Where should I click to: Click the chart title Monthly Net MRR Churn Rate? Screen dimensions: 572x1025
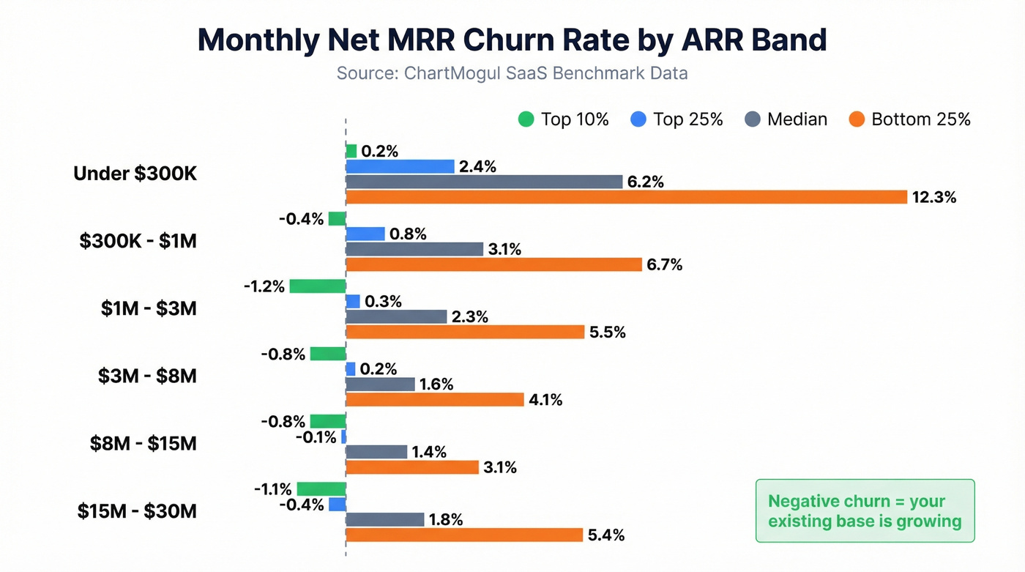pyautogui.click(x=512, y=40)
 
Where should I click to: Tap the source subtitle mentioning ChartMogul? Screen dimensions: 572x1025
pyautogui.click(x=512, y=74)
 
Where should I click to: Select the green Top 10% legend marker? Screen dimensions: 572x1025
pyautogui.click(x=526, y=119)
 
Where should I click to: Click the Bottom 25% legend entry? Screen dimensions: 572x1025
pyautogui.click(x=910, y=119)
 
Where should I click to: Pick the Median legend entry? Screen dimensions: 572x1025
pyautogui.click(x=786, y=119)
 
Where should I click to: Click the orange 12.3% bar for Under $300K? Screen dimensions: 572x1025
pyautogui.click(x=626, y=197)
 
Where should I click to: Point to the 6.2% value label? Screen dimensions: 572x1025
pyautogui.click(x=646, y=182)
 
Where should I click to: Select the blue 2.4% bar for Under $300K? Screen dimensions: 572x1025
pyautogui.click(x=400, y=166)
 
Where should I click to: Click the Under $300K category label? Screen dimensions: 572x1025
pyautogui.click(x=135, y=174)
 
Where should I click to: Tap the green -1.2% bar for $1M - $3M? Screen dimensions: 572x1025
pyautogui.click(x=317, y=286)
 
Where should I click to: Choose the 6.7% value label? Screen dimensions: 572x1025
pyautogui.click(x=664, y=264)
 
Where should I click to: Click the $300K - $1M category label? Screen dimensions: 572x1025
pyautogui.click(x=138, y=241)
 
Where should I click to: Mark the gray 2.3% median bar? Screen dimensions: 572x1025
pyautogui.click(x=396, y=316)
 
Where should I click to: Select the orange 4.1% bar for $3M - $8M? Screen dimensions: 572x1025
pyautogui.click(x=435, y=399)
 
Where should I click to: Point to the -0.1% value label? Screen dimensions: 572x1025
pyautogui.click(x=316, y=437)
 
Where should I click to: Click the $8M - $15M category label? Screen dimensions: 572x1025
pyautogui.click(x=143, y=443)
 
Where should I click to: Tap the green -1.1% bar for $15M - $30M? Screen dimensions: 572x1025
pyautogui.click(x=321, y=489)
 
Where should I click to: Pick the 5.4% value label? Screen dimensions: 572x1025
pyautogui.click(x=606, y=535)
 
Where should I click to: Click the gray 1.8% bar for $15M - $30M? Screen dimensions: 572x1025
pyautogui.click(x=384, y=519)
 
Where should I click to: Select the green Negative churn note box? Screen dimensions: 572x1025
pyautogui.click(x=865, y=511)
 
